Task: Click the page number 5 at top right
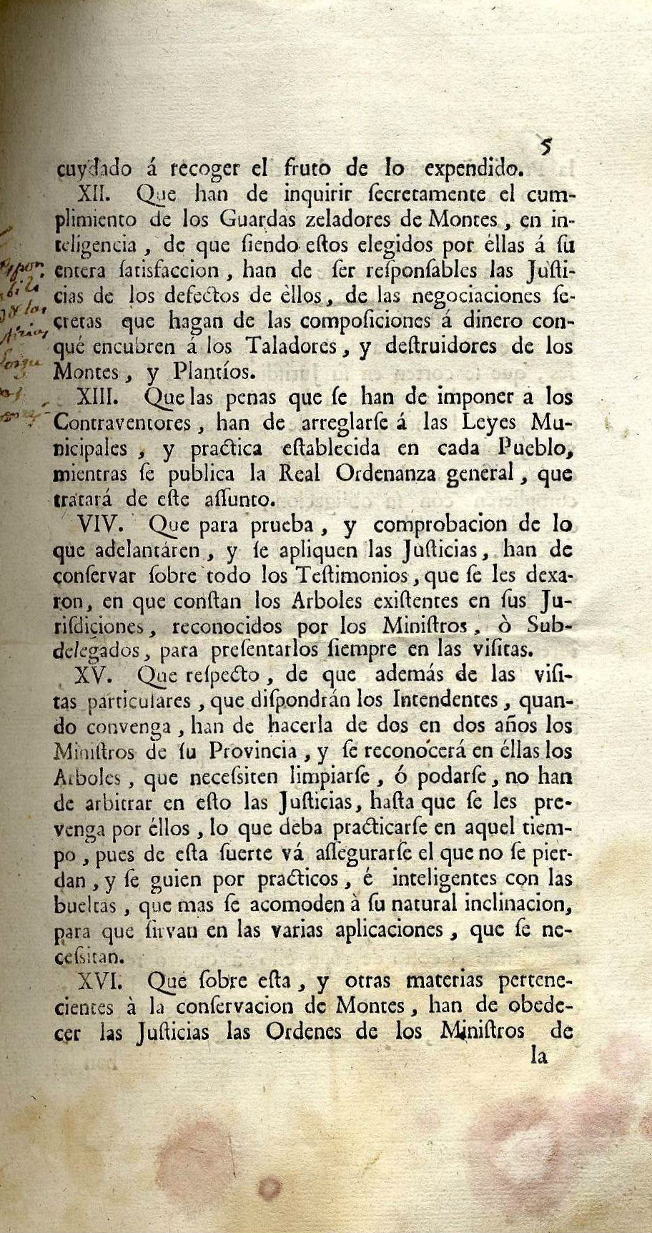(x=546, y=147)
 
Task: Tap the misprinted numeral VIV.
(x=101, y=524)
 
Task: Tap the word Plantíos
(x=212, y=372)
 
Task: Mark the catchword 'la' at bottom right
(x=539, y=1056)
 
